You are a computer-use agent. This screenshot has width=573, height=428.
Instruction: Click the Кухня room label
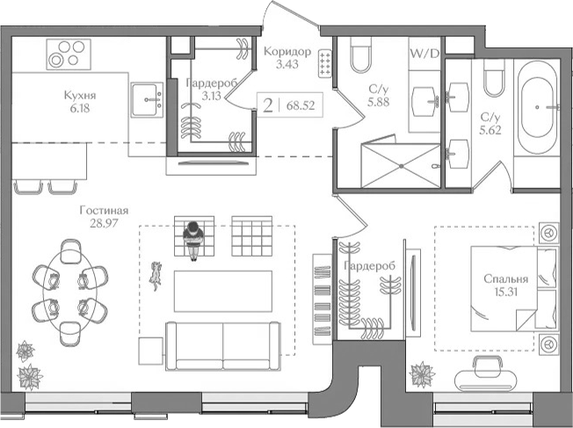click(80, 96)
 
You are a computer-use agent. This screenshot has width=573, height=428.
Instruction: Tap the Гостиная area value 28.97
click(104, 223)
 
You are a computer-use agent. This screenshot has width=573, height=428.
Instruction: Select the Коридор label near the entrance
click(287, 51)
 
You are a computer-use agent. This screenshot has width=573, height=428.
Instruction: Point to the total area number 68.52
click(301, 106)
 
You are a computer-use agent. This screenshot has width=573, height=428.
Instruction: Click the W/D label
click(424, 54)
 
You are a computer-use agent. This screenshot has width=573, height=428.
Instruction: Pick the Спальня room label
click(505, 279)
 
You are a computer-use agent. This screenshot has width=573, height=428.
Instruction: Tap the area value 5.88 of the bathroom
click(378, 102)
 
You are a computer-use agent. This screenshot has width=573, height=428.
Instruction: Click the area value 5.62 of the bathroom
click(490, 130)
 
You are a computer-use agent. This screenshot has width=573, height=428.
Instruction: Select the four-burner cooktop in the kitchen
click(69, 54)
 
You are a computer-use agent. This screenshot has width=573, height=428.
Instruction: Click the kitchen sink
click(147, 100)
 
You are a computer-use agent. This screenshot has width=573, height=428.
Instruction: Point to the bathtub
click(537, 107)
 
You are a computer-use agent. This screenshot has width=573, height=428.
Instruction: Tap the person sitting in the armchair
click(193, 239)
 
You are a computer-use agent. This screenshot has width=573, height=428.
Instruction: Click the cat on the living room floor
click(156, 275)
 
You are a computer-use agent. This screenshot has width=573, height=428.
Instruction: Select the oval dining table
click(69, 292)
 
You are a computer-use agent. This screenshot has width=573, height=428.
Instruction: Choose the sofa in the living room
click(223, 345)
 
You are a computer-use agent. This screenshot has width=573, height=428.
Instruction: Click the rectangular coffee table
click(223, 291)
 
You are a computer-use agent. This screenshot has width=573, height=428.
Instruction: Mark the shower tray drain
click(402, 166)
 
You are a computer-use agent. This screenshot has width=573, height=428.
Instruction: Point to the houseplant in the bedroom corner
click(422, 374)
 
